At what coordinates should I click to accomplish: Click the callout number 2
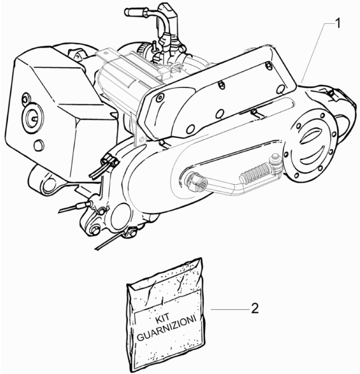pos(255,308)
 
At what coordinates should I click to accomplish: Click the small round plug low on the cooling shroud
pos(38,146)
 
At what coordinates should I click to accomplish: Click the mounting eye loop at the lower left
pos(48,185)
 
